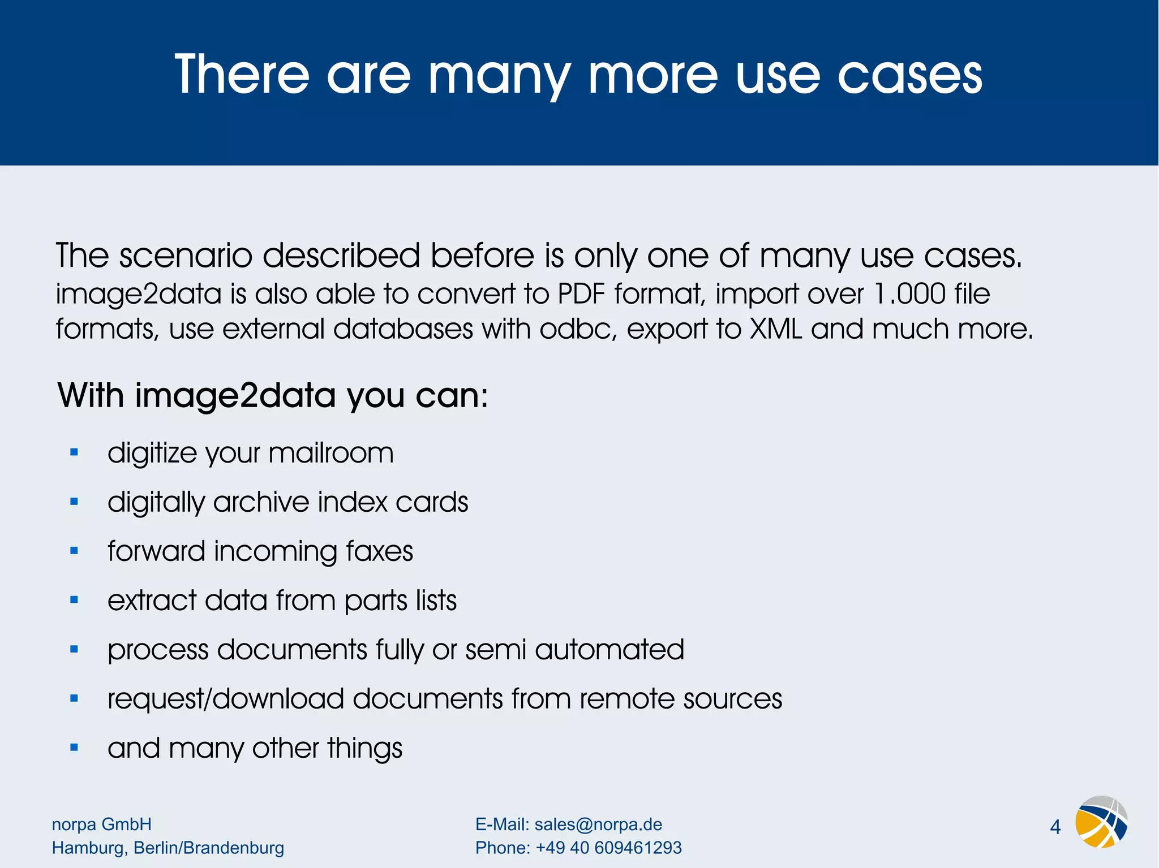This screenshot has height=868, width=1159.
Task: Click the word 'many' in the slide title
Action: pyautogui.click(x=499, y=76)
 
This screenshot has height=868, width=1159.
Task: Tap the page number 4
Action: pyautogui.click(x=1055, y=827)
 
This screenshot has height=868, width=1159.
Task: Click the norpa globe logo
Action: pyautogui.click(x=1101, y=822)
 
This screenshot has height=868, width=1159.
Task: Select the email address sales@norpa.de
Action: pyautogui.click(x=598, y=824)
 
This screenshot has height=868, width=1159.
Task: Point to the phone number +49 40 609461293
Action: pyautogui.click(x=608, y=848)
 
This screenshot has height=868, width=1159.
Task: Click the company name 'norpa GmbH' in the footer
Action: pyautogui.click(x=102, y=824)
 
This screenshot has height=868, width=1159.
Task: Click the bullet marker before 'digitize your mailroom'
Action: pyautogui.click(x=74, y=452)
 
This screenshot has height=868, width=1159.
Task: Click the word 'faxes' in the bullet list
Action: pyautogui.click(x=379, y=551)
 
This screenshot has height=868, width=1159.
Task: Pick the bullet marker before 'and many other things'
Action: pyautogui.click(x=74, y=748)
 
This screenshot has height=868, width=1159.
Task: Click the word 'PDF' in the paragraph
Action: pyautogui.click(x=581, y=294)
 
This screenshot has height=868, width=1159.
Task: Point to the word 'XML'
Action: pyautogui.click(x=776, y=329)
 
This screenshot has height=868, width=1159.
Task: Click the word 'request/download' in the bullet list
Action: pyautogui.click(x=226, y=699)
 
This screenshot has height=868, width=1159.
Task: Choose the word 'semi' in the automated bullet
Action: pyautogui.click(x=496, y=650)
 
